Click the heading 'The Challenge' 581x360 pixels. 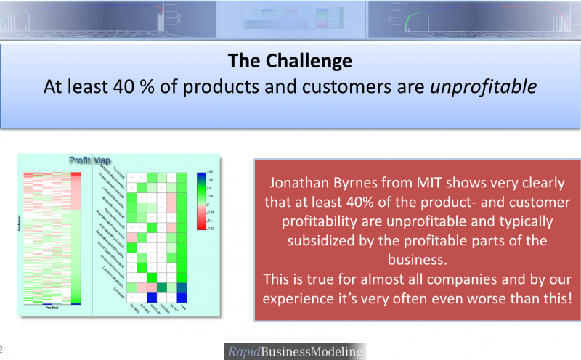pyautogui.click(x=290, y=60)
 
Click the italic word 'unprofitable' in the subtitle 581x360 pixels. pyautogui.click(x=484, y=86)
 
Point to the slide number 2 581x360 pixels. pyautogui.click(x=2, y=348)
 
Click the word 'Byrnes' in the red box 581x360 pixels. pyautogui.click(x=357, y=184)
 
